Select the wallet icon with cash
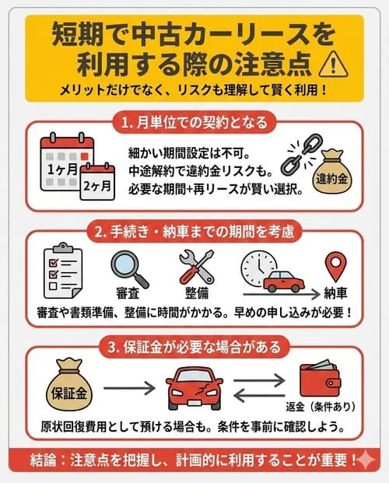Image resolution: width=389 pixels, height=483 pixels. [x=323, y=379]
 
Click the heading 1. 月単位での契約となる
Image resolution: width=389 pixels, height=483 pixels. [x=194, y=123]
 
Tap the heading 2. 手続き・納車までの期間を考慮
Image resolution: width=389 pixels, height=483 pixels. [x=194, y=232]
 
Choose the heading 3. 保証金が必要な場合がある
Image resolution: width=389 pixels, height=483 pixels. [x=194, y=341]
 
